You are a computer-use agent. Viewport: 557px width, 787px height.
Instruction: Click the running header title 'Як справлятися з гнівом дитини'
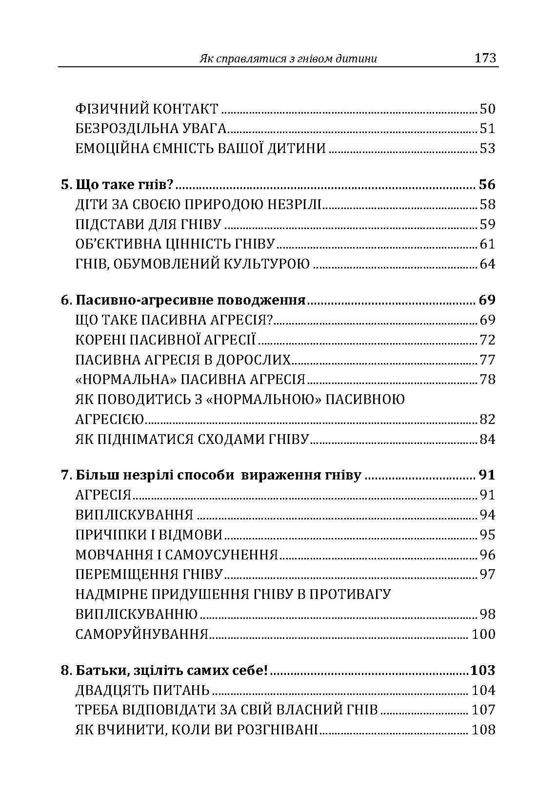coord(288,59)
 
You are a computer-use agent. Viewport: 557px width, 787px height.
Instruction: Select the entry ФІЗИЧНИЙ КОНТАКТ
coord(147,109)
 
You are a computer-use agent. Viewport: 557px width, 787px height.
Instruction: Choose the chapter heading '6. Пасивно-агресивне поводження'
coord(183,300)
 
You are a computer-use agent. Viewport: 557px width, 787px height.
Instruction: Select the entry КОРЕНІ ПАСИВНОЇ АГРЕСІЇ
coord(166,340)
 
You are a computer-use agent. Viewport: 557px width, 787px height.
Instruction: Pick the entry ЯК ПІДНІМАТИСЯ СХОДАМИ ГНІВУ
coord(192,439)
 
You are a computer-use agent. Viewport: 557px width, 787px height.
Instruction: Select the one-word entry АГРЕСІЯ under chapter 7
coord(103,495)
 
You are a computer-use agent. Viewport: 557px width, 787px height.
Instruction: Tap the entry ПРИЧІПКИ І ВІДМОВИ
coord(149,535)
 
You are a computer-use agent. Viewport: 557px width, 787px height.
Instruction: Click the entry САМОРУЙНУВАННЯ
coord(142,634)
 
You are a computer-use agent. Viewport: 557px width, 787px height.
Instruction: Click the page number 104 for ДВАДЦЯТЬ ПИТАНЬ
coord(483,691)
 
